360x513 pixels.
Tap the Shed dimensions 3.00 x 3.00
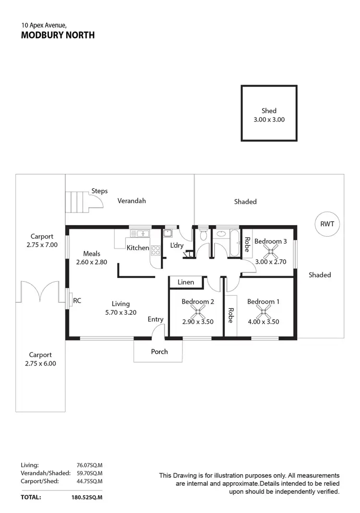click(269, 119)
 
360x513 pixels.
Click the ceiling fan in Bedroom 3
click(272, 251)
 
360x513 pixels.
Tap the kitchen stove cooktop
click(156, 250)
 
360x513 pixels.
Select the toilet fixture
click(203, 235)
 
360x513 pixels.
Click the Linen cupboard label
click(186, 282)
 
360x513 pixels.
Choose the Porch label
click(159, 352)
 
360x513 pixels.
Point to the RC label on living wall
click(77, 301)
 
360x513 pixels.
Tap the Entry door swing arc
click(157, 331)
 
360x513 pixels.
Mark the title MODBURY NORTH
click(58, 35)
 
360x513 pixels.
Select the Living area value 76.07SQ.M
click(90, 465)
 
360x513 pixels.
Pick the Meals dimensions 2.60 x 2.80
click(91, 262)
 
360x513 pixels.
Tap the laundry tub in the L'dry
click(168, 234)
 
